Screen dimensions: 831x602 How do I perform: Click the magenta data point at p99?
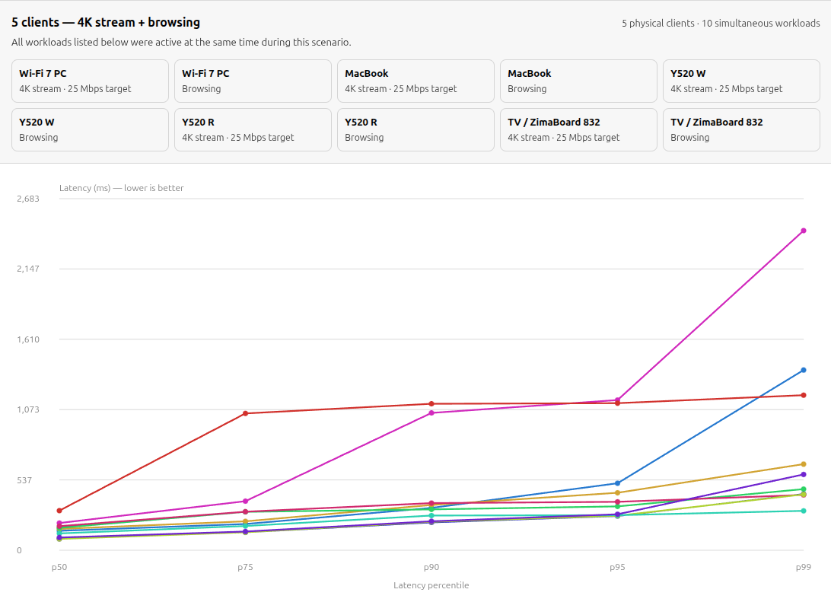click(804, 231)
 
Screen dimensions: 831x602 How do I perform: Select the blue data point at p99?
click(804, 370)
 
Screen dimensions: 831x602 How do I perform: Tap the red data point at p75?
click(245, 413)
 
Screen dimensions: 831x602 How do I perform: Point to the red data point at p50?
click(59, 511)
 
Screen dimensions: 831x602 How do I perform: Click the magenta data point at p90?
click(431, 412)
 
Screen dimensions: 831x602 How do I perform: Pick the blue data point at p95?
click(617, 483)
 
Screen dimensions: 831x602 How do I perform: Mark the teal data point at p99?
click(804, 511)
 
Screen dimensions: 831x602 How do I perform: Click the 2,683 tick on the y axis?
click(28, 199)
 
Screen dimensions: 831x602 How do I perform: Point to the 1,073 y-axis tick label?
click(28, 409)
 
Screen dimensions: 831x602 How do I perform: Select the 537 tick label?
click(24, 480)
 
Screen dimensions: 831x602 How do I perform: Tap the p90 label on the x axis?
click(431, 567)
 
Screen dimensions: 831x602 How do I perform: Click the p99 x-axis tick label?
click(804, 567)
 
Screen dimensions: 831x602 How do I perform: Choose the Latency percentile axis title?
click(431, 585)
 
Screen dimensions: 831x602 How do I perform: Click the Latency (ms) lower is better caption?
click(121, 188)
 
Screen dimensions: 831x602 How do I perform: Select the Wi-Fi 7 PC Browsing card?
click(253, 81)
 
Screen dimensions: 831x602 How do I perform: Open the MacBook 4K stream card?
click(416, 81)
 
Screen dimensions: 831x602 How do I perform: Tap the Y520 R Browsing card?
click(416, 130)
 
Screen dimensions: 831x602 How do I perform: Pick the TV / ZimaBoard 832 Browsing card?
click(741, 130)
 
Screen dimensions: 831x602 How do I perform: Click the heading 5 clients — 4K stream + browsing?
click(106, 22)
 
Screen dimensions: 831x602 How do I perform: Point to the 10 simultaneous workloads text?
click(760, 24)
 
